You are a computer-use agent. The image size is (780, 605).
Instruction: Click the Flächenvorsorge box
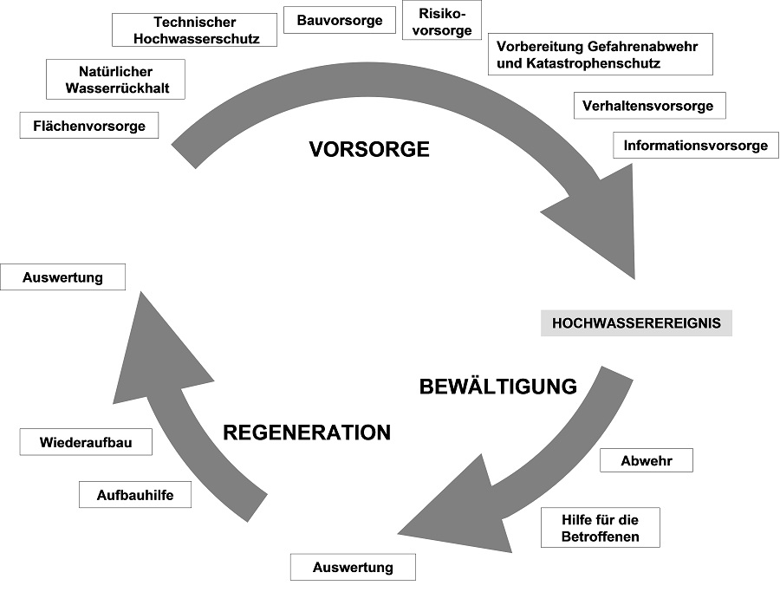(89, 127)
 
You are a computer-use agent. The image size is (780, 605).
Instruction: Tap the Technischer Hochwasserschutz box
(196, 30)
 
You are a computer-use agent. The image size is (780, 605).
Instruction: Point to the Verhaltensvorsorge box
(647, 106)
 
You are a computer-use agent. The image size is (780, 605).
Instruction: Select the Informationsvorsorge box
(695, 146)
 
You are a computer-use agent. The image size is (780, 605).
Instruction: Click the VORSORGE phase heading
(369, 149)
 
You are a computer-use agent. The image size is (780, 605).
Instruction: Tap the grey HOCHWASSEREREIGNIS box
(637, 324)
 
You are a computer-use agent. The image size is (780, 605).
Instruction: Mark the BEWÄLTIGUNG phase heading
(498, 387)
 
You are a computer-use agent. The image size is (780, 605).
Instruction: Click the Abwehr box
(646, 461)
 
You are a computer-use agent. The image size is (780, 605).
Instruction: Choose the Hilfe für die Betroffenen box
(600, 528)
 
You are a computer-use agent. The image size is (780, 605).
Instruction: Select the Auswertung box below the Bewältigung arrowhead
(352, 568)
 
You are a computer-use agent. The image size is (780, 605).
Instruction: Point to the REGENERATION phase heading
(307, 432)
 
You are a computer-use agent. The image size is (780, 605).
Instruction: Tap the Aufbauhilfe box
(134, 495)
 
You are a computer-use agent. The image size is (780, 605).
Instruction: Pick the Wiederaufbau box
(87, 442)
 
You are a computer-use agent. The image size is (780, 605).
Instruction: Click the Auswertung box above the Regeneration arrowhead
(63, 277)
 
